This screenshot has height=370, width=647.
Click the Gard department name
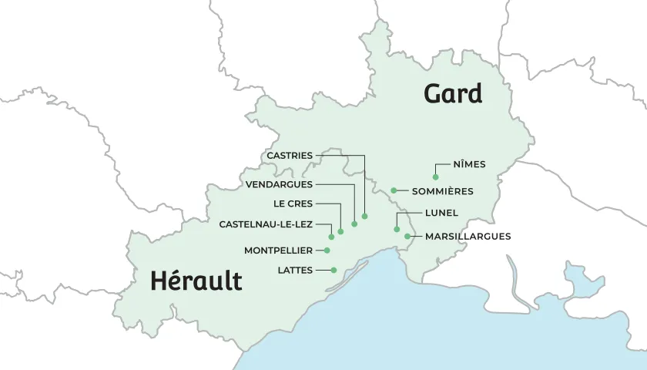pos(453,94)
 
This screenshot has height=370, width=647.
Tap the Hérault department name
pos(196,281)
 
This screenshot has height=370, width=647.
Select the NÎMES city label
pos(470,164)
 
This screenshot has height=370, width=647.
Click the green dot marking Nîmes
pos(435,177)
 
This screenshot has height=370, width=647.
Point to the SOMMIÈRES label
pos(442,191)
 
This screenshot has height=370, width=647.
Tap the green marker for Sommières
pos(394,190)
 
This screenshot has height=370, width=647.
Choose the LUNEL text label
pos(441,213)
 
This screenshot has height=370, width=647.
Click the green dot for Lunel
pos(397,229)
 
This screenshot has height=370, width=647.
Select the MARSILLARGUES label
pos(468,237)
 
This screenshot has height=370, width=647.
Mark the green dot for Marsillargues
pos(407,236)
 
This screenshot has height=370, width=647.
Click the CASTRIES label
pos(290,156)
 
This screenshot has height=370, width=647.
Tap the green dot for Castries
pos(364,216)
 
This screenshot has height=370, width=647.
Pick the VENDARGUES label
pos(279,185)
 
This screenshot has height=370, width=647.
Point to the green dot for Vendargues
pos(354,224)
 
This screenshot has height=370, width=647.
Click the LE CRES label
pos(293,204)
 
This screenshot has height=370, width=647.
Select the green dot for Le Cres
pos(340,231)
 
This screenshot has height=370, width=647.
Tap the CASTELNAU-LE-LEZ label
pos(266,224)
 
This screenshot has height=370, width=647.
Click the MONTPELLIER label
pos(278,251)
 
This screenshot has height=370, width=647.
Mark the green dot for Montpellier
pos(327,251)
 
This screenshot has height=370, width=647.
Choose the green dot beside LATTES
pos(334,270)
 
